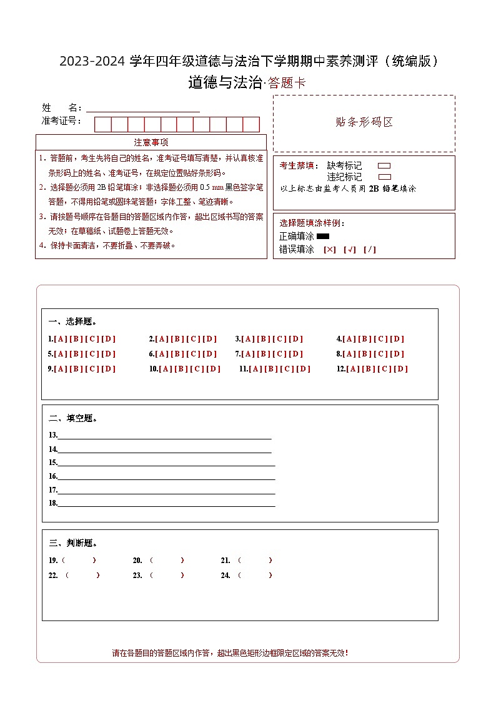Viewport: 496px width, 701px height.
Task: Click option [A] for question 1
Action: (61, 339)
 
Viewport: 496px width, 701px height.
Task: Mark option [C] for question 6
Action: (194, 354)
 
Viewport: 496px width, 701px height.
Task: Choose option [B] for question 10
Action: (181, 369)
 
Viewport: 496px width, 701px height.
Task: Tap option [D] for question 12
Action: (400, 369)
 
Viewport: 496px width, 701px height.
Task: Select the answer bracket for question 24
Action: (255, 575)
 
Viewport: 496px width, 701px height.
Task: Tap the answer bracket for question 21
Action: (255, 560)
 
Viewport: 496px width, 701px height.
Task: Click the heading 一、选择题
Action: (72, 321)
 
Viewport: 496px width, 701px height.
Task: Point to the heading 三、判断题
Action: (72, 543)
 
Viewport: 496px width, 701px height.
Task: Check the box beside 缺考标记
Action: (384, 166)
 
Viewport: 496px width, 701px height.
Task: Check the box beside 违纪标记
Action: (384, 177)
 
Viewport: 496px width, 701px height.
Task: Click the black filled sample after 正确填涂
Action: (323, 237)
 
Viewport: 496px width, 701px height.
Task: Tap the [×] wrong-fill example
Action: (329, 250)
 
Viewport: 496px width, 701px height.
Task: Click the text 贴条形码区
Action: (364, 122)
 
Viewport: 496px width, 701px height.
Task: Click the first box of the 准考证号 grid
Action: (102, 124)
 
